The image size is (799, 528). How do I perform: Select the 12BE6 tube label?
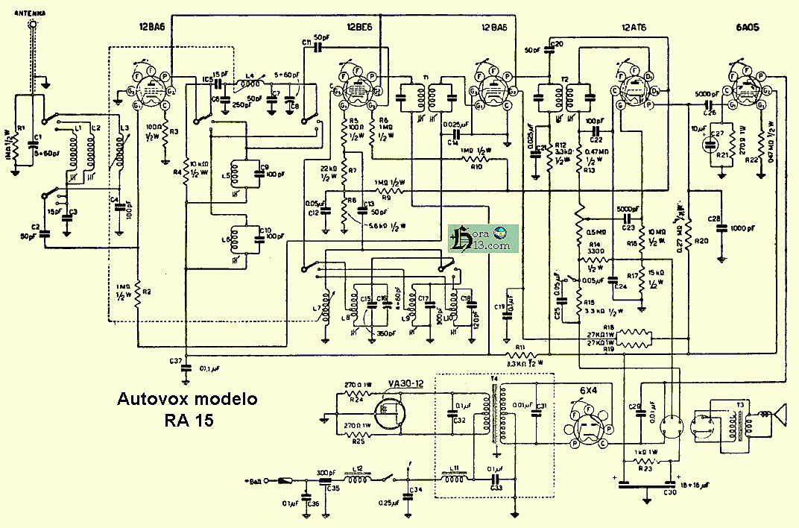[x=361, y=28]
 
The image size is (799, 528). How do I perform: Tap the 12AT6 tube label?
[x=634, y=28]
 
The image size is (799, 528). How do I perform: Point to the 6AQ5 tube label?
[x=748, y=28]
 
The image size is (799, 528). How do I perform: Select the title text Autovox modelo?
[x=187, y=399]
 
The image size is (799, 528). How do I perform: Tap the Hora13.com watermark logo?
[x=484, y=238]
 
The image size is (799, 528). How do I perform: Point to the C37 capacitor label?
[x=176, y=361]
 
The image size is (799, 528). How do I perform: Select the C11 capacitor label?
[x=307, y=43]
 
